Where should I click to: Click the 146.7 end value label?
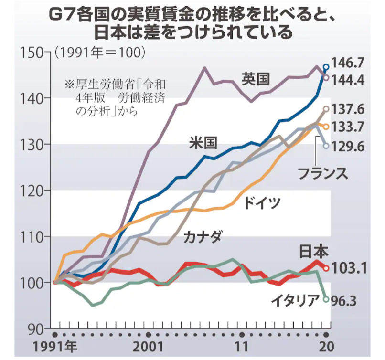point(351,63)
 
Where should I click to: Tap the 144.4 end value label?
point(351,79)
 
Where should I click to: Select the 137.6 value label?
point(351,110)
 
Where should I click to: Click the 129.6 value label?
point(351,146)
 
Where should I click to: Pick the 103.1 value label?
point(351,268)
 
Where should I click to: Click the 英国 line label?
point(256,78)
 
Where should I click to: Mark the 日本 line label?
point(313,252)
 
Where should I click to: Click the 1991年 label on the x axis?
point(55,346)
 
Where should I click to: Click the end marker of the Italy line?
point(326,299)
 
